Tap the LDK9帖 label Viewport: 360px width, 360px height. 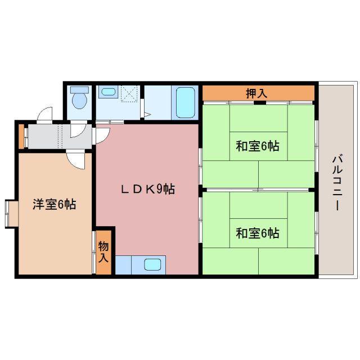148,190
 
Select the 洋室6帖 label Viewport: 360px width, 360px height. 54,205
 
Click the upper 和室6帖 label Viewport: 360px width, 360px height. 258,146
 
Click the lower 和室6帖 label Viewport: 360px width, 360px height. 258,232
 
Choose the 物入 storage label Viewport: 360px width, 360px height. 103,251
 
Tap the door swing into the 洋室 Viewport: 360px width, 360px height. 76,159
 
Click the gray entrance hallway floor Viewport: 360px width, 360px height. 45,137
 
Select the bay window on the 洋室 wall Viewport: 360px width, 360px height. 11,213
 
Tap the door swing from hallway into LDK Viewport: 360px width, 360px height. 102,134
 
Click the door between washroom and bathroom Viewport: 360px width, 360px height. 144,107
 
